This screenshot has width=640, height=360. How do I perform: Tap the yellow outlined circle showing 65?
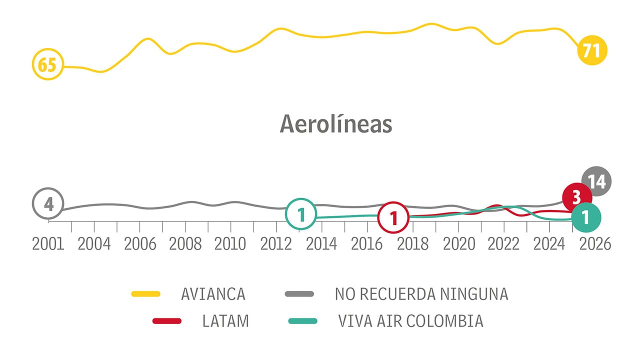click(x=48, y=65)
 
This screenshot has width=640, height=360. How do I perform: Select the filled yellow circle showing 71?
click(x=592, y=50)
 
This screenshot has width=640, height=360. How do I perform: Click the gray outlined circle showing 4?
click(x=48, y=204)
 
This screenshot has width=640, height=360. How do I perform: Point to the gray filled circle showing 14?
click(x=597, y=181)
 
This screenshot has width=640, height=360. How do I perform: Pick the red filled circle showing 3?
click(x=576, y=197)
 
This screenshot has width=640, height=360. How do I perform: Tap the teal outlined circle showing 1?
click(x=301, y=214)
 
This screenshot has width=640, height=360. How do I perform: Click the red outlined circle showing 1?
click(x=393, y=217)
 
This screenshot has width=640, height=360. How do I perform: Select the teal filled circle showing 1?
click(x=586, y=217)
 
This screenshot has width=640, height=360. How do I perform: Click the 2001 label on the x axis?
click(x=48, y=244)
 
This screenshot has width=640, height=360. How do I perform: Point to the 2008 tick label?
click(x=185, y=244)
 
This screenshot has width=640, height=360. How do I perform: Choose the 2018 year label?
click(x=413, y=244)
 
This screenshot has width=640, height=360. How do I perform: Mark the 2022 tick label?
click(x=503, y=244)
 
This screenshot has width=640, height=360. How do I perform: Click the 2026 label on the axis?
click(x=595, y=244)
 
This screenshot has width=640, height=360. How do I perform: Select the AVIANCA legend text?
click(x=213, y=294)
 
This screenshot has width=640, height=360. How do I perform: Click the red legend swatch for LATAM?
click(x=166, y=320)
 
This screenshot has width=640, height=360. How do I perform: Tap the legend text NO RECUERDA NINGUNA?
click(x=421, y=294)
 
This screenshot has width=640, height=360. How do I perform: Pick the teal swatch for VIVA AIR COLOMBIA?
click(x=302, y=320)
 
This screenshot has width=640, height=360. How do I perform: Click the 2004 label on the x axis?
click(x=94, y=244)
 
